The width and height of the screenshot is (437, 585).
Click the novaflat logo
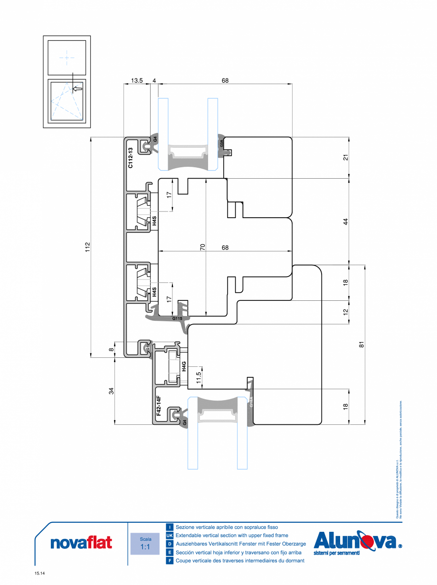pos(81,542)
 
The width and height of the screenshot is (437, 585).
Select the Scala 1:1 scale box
pos(145,544)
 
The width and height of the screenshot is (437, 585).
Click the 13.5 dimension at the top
pos(137,81)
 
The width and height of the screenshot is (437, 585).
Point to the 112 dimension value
pos(87,247)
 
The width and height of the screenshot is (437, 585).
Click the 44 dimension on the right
pos(346,221)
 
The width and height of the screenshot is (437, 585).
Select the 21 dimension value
pos(346,157)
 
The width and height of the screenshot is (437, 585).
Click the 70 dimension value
pos(202,247)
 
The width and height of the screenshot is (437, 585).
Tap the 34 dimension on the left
pos(111,391)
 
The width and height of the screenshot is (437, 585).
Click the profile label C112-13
pos(130,158)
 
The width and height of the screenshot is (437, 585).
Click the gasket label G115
pos(177,318)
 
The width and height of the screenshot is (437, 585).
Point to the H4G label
pos(184,366)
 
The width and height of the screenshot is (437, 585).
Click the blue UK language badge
pos(170,535)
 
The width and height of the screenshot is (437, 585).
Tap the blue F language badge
pos(170,561)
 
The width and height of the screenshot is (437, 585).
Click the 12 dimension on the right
pos(346,312)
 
